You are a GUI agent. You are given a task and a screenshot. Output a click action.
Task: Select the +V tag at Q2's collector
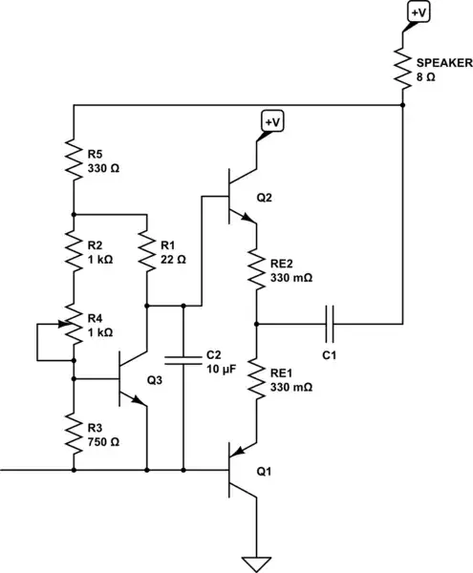click(x=271, y=122)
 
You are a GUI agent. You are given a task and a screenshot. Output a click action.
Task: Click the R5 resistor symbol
click(x=73, y=159)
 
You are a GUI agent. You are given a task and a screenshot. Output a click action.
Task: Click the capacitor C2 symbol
click(x=182, y=359)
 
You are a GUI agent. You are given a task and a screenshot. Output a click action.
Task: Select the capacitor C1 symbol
click(x=331, y=324)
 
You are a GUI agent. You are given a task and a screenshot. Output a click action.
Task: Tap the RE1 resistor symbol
click(x=256, y=377)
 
